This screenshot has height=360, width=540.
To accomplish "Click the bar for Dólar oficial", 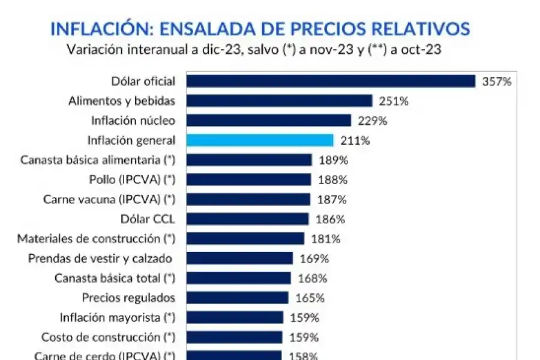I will (x=331, y=81).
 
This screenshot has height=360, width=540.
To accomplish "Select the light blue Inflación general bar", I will (x=260, y=140).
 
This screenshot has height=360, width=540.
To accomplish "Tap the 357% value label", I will (x=497, y=82).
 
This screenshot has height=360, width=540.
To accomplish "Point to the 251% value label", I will (x=394, y=101).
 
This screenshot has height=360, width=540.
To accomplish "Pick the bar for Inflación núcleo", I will (x=268, y=121).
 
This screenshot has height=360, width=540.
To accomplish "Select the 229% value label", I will (x=372, y=121).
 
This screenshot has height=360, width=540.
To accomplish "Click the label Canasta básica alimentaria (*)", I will (x=97, y=160).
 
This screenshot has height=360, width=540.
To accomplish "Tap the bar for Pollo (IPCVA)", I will (x=248, y=180).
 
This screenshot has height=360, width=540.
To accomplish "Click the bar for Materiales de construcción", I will (x=245, y=239).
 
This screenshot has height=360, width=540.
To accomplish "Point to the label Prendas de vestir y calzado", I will (x=100, y=259).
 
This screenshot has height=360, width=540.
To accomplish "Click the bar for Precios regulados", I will (x=237, y=298).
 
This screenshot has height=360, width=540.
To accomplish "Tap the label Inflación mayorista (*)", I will (x=118, y=317).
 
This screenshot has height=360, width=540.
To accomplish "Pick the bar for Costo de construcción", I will (x=234, y=337).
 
